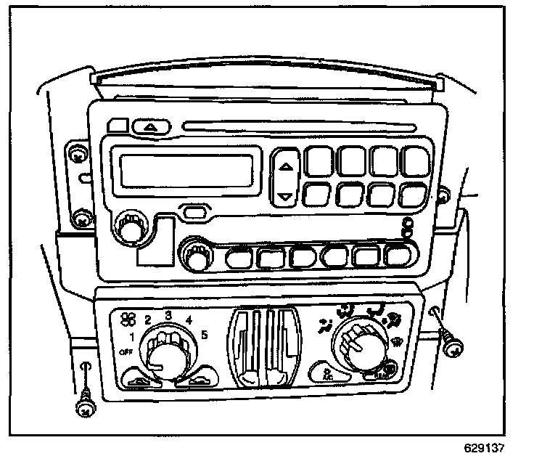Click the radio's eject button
(152, 126)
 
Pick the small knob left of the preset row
(194, 255)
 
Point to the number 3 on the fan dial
(168, 314)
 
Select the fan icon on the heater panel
(129, 317)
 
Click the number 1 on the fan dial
(131, 336)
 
